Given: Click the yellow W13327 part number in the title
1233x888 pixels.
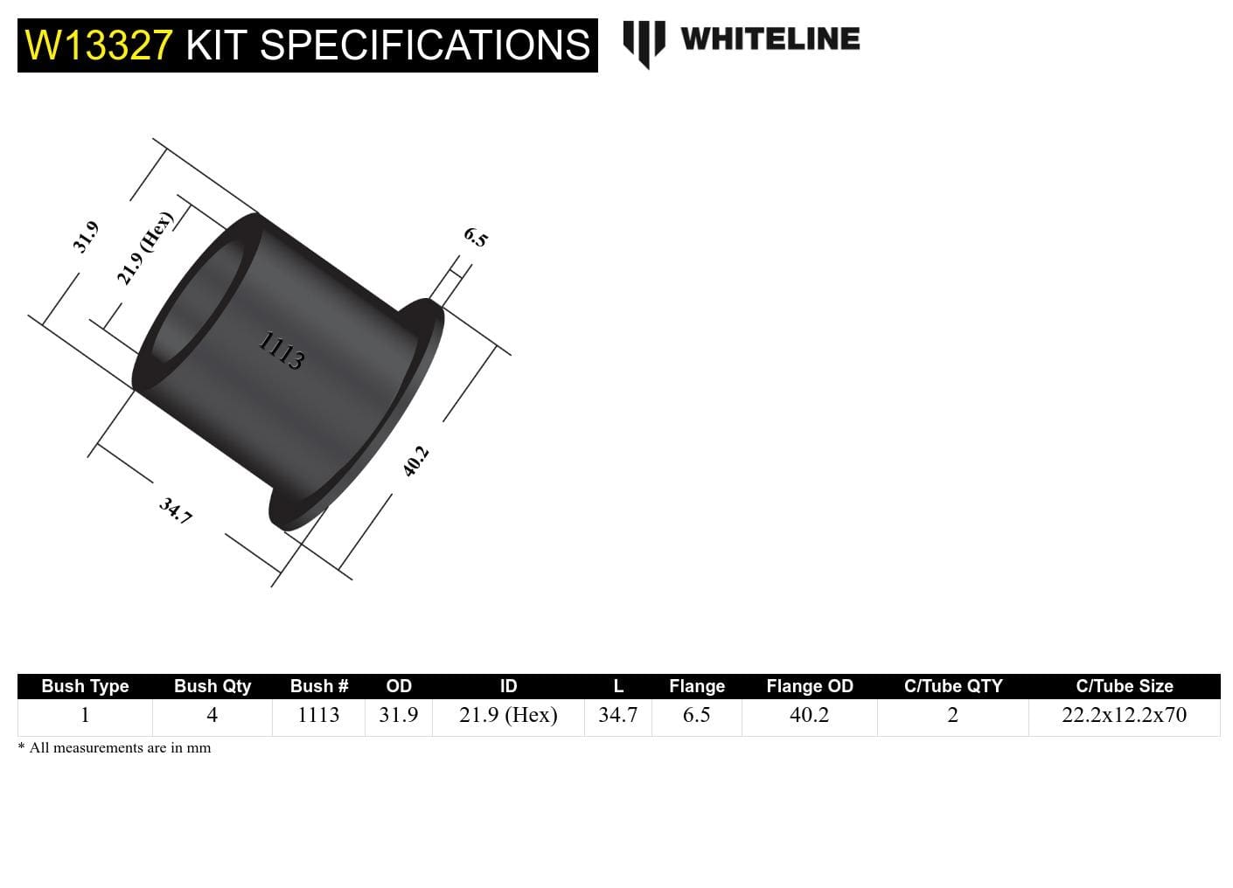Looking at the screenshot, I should click(99, 45).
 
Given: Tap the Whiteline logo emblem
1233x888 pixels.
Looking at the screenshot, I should click(644, 42).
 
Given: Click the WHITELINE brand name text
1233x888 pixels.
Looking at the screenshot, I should click(770, 39).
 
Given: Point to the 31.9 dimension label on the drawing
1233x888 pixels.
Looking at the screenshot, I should click(86, 237).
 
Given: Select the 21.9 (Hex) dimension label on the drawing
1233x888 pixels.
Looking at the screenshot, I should click(145, 248).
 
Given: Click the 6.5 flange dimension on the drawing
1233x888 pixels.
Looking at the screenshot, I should click(475, 237).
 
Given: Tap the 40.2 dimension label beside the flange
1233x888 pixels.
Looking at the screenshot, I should click(415, 461).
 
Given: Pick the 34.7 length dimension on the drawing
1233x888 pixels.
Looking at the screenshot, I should click(175, 510).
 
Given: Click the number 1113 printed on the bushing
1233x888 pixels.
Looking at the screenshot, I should click(282, 351).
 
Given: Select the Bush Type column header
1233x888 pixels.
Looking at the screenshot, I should click(85, 686).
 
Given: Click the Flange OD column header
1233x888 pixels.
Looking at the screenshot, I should click(810, 686).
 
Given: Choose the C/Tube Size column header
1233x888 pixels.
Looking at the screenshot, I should click(1124, 686).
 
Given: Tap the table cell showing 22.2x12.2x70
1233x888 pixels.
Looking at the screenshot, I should click(1124, 715).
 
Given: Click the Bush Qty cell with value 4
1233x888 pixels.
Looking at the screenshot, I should click(212, 715).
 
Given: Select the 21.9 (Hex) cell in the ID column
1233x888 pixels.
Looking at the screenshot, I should click(508, 715).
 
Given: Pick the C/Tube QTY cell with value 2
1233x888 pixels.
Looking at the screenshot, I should click(952, 715).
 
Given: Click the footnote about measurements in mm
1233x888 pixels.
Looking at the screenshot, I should click(115, 748).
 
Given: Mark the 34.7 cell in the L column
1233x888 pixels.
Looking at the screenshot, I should click(617, 715).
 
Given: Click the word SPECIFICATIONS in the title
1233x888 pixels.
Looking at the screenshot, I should click(425, 45).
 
